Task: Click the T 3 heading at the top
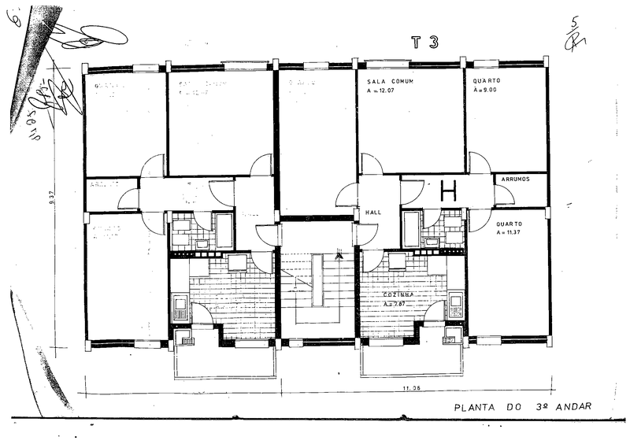424,43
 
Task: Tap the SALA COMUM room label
391,82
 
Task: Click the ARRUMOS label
514,179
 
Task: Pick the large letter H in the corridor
449,190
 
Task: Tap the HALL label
373,213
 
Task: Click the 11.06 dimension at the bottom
411,388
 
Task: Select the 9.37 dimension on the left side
51,199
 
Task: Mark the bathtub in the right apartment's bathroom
410,229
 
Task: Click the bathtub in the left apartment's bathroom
224,230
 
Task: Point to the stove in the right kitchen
456,306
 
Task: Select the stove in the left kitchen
180,306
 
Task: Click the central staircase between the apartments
317,291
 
